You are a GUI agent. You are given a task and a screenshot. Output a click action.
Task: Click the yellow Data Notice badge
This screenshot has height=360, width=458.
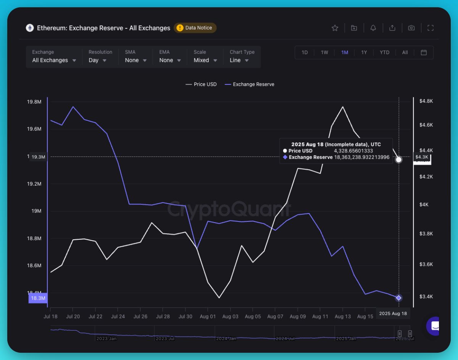tap(195, 28)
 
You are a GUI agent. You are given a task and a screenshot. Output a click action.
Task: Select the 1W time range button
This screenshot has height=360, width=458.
tap(324, 53)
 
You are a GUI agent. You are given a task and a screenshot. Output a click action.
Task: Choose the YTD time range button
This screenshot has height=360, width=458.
tap(384, 53)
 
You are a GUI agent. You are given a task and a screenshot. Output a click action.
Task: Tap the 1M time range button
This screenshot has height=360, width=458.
tap(344, 53)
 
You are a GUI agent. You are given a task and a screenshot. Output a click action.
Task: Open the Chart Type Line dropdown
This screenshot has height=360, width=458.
tap(239, 60)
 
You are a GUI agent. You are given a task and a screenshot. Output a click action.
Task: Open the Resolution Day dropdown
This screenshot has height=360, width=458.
tap(98, 60)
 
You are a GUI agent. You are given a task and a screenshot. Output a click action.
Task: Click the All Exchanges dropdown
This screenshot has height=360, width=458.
tap(54, 60)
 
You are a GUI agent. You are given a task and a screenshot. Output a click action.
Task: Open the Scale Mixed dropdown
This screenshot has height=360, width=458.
tap(205, 60)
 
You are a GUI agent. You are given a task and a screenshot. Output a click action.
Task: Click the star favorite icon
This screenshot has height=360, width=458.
tap(335, 28)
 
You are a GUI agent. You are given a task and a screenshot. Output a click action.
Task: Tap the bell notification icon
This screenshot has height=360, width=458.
tap(373, 28)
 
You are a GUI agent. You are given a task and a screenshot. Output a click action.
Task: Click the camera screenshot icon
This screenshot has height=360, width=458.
tap(411, 28)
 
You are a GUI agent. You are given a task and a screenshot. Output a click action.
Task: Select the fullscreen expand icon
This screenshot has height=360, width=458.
tap(430, 28)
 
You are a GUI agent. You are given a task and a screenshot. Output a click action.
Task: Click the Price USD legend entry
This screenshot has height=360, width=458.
tap(201, 84)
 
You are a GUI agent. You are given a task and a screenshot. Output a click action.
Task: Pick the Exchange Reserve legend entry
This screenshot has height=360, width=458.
tap(250, 84)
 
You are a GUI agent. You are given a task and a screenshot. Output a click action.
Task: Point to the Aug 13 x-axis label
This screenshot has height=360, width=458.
tap(342, 316)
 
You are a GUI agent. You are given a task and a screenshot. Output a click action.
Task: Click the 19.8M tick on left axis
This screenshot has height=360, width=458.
tap(34, 102)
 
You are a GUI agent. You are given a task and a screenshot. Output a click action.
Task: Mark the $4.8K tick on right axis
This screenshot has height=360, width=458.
tap(426, 101)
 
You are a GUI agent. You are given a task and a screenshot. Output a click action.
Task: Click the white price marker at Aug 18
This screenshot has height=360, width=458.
tap(399, 160)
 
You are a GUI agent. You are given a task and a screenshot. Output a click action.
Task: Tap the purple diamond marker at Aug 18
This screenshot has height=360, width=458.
tap(399, 298)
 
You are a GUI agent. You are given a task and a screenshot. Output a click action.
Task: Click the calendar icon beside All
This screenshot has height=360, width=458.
tap(424, 53)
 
